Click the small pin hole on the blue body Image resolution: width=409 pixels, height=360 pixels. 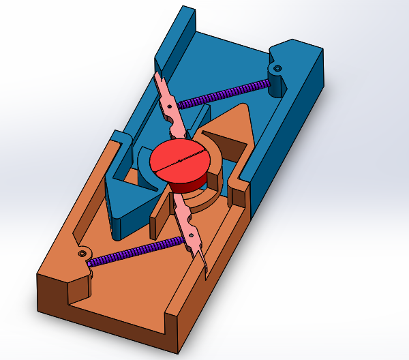tap(278, 68)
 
